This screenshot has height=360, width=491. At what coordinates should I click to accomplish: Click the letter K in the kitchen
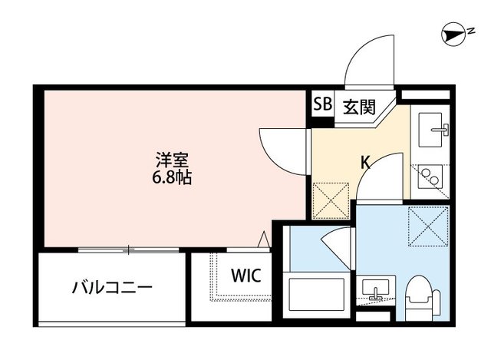366,163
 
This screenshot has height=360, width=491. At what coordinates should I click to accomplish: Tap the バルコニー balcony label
112,289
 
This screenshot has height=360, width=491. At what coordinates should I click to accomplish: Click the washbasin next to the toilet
377,289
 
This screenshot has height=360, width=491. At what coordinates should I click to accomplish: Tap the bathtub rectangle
315,295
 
